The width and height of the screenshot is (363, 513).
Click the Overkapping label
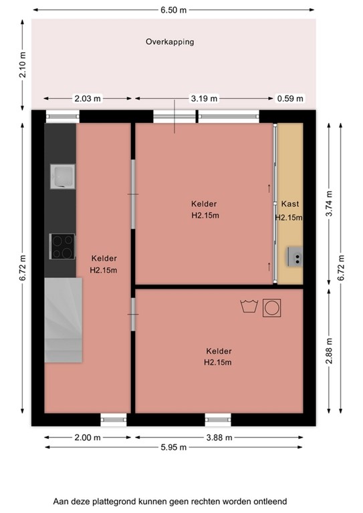170,41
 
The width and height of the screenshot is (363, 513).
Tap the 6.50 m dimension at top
172,9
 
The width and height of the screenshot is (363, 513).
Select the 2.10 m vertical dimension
23,65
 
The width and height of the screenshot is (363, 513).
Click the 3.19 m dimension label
204,98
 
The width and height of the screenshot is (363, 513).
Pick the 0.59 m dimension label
290,98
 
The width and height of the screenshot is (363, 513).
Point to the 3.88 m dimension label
219,438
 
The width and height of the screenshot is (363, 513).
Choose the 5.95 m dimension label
174,447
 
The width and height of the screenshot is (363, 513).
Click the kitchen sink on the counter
62,177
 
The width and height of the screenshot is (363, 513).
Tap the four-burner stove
62,246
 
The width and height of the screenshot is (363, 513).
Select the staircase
64,321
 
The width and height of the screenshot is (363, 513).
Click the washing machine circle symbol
272,307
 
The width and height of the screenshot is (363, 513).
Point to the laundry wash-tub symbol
249,307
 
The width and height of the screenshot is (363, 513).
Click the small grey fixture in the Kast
295,255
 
